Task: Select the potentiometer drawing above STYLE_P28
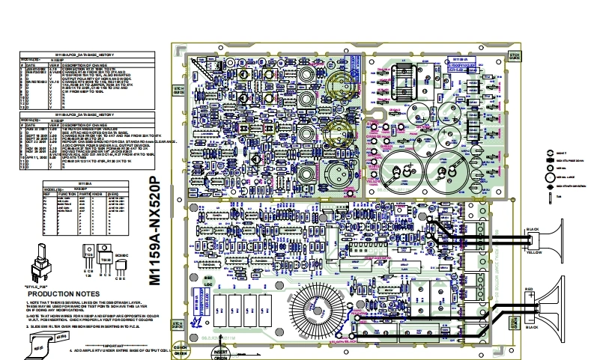pos(38,261)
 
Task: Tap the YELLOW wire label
pos(533,252)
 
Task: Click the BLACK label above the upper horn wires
pos(533,228)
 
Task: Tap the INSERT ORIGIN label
pos(221,353)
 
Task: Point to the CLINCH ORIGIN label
pos(180,348)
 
